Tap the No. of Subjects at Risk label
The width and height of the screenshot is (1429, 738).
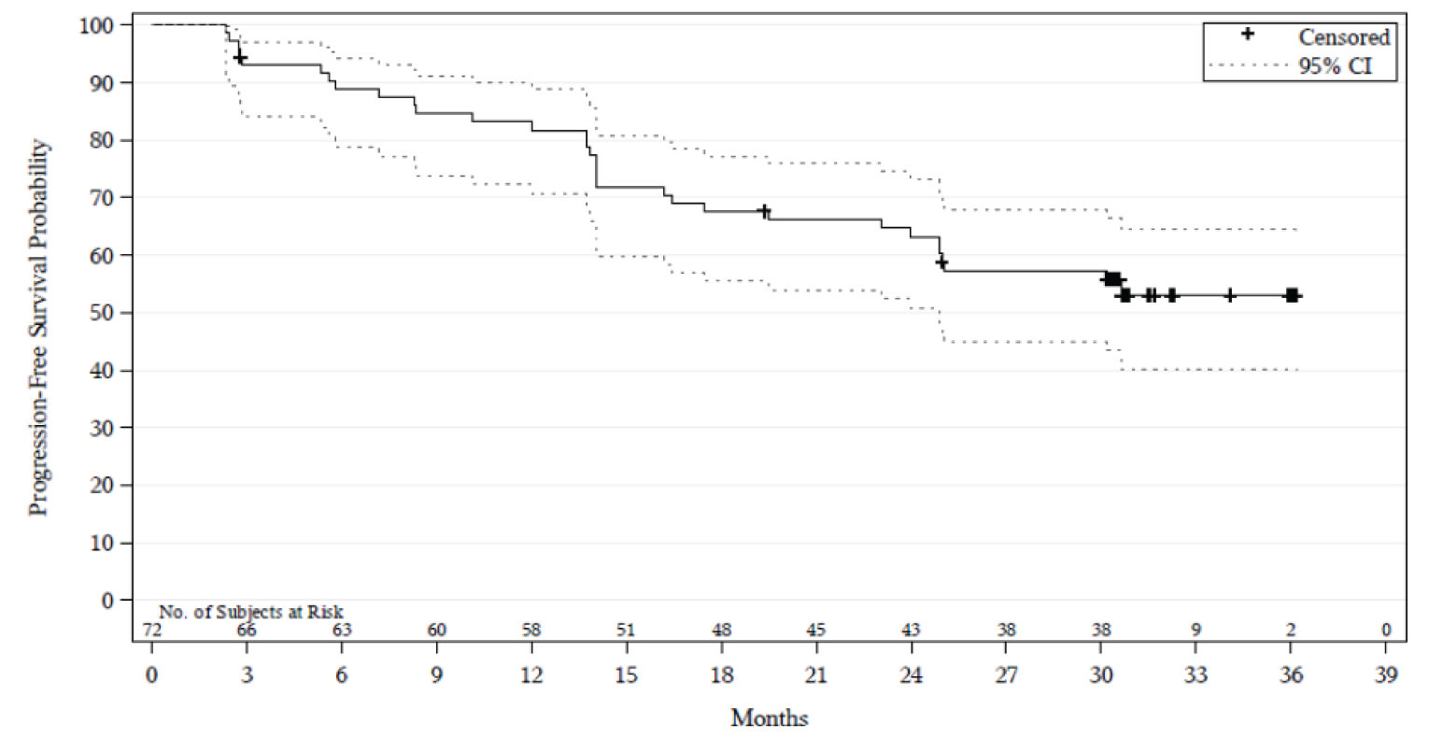tap(256, 612)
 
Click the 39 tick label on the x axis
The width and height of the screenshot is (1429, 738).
tap(1385, 674)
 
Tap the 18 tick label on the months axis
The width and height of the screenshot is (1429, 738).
tap(721, 674)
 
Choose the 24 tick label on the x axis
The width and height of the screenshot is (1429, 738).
tap(912, 674)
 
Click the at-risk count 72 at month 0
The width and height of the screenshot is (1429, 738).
tap(151, 630)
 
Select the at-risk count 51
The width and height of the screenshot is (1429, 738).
tap(627, 630)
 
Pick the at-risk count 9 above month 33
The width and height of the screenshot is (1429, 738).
tap(1196, 630)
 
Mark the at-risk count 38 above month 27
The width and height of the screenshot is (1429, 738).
tap(1006, 630)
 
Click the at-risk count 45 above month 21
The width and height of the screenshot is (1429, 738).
tap(816, 630)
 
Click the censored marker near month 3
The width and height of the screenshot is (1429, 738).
tap(240, 58)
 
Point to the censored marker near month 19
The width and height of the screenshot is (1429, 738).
tap(764, 211)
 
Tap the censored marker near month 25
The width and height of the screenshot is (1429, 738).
tap(941, 263)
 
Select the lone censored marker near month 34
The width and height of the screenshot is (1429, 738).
tap(1230, 295)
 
